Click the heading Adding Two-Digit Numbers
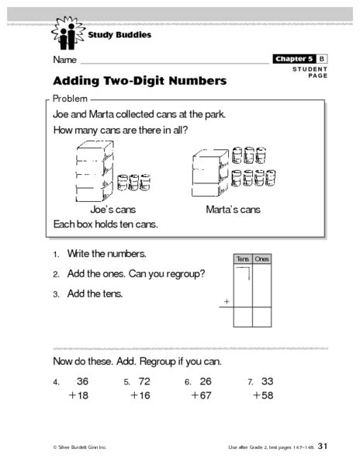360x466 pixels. (x=140, y=81)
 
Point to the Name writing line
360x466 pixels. (x=175, y=61)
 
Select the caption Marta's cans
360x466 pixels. (x=233, y=210)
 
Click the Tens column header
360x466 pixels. (x=242, y=259)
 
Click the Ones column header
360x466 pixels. (x=262, y=259)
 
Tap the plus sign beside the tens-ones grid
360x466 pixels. (x=227, y=300)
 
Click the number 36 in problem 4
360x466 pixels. (x=82, y=381)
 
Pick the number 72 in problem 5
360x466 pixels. (x=144, y=381)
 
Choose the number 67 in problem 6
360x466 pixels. (x=206, y=395)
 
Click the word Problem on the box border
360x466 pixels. (x=69, y=99)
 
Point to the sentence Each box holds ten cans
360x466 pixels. (x=106, y=224)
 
